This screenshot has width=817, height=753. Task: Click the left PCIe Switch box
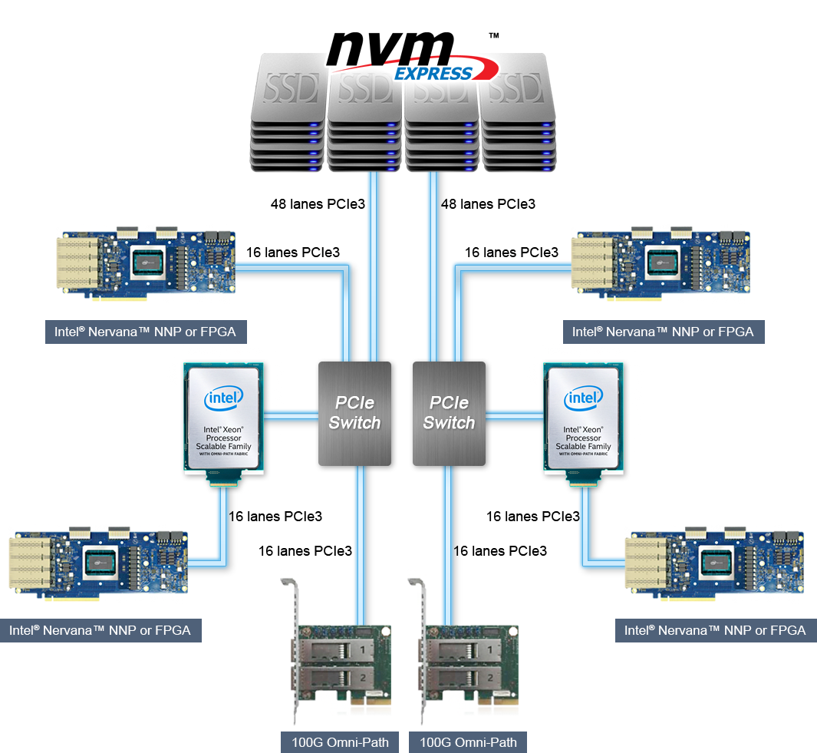(x=354, y=413)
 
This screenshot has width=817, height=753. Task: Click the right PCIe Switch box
(x=449, y=413)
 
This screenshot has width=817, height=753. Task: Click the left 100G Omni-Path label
(x=340, y=742)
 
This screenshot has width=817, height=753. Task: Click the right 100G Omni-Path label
(x=468, y=742)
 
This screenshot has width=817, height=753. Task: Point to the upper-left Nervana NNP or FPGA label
(x=139, y=332)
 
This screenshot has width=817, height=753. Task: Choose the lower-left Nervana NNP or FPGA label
(x=100, y=630)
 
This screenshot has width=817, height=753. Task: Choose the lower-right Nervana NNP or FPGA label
(x=715, y=630)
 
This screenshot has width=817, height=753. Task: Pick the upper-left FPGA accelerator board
(x=146, y=263)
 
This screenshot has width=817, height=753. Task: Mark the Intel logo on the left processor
(x=223, y=398)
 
